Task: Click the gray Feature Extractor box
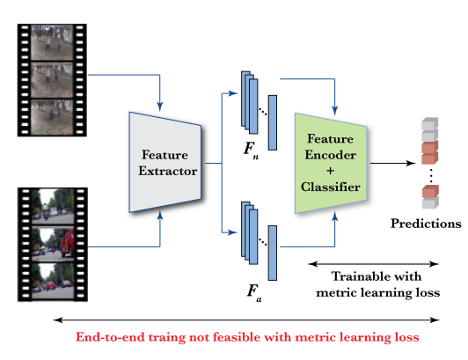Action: (165, 163)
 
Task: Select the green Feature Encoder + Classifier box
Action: (331, 163)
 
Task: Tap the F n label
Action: (251, 150)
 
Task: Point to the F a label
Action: (254, 293)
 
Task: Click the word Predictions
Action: (426, 224)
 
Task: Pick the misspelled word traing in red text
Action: (167, 338)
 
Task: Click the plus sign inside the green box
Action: (331, 171)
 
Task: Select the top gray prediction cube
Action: (430, 124)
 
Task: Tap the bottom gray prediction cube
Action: (430, 202)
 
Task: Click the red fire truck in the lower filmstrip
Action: (67, 242)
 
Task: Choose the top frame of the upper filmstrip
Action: (52, 42)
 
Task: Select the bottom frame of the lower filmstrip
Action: (53, 281)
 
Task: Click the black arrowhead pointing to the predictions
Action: (412, 163)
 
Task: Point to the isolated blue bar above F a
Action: (272, 253)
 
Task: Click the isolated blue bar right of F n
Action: (272, 122)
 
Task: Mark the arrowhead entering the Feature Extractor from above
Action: (160, 107)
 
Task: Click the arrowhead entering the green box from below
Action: (335, 217)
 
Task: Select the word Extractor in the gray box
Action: (167, 171)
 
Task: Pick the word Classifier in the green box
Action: (331, 187)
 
